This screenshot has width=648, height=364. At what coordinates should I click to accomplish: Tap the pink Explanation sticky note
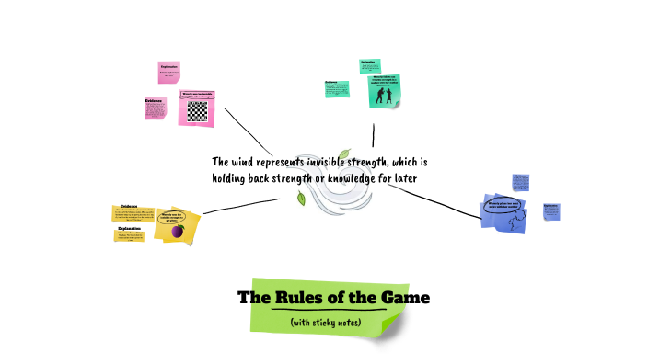coord(169,72)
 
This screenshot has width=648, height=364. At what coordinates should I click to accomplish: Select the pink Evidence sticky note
coord(155,108)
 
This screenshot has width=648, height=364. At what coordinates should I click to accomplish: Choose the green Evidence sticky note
coord(336,89)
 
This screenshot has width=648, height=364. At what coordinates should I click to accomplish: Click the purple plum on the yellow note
coord(179,230)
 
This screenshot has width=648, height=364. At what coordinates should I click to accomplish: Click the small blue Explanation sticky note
coord(551,211)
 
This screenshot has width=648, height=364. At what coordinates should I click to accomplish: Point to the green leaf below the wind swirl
coord(300,198)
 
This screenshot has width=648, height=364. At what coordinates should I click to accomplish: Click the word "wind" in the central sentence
coord(253,161)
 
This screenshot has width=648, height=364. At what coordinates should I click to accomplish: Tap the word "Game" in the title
coord(402,298)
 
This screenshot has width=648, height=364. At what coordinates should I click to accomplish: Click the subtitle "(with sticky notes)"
coord(325,323)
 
